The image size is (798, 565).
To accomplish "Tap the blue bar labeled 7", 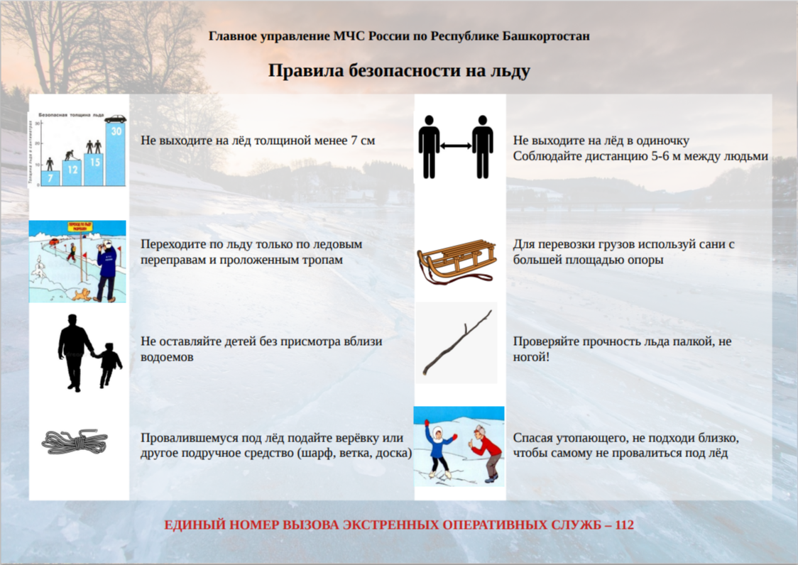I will (x=50, y=178).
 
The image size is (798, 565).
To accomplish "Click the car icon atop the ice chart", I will (x=115, y=119).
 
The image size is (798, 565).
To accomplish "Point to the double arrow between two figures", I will (x=457, y=146).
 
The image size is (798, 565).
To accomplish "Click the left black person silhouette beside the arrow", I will (x=429, y=147).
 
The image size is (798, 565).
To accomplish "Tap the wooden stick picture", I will (x=457, y=342).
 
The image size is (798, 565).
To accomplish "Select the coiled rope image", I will (x=75, y=443).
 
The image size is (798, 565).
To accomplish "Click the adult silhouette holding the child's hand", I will (x=75, y=352).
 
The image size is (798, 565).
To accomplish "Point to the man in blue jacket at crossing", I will (x=106, y=270).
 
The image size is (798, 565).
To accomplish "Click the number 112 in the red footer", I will (x=625, y=526).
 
